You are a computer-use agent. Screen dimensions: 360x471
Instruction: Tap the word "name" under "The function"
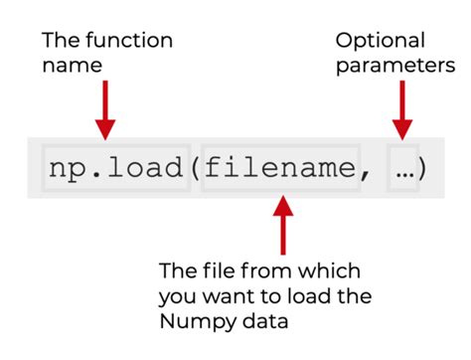[72, 67]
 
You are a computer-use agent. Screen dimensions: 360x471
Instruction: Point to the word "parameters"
[395, 67]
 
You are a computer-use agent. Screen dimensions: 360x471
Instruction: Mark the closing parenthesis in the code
[420, 168]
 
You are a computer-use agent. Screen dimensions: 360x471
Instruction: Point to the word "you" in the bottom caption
[176, 297]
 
